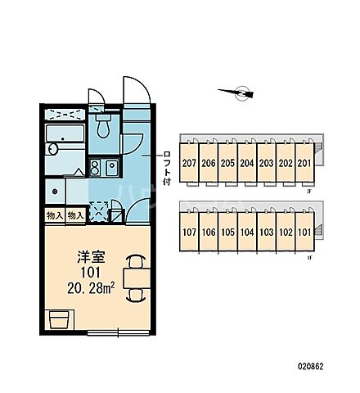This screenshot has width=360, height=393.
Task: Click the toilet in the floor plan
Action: coord(102,126)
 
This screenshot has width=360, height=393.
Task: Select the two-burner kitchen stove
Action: coord(102,168)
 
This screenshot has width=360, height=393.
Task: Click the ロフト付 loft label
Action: coord(167,168)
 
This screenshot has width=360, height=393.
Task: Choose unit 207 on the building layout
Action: coord(189,162)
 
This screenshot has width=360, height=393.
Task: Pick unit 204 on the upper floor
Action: coord(246,162)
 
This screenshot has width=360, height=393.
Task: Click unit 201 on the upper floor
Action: coord(304,162)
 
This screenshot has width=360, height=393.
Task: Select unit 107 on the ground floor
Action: coord(189,232)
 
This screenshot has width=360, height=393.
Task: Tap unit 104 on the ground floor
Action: coord(246,232)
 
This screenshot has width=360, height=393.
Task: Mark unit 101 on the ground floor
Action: coord(304,232)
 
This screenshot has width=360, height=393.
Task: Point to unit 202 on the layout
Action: coord(285,162)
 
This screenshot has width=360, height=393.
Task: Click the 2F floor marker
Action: coord(309,190)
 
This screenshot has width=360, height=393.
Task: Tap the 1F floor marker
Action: coord(309,258)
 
